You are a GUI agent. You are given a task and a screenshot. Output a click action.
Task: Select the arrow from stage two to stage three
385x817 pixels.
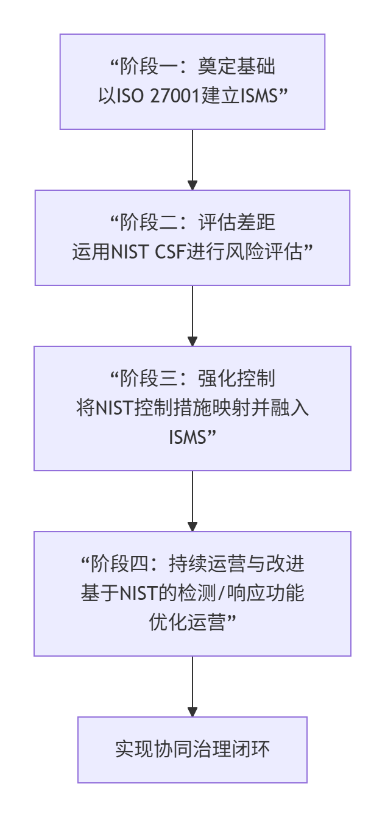192,316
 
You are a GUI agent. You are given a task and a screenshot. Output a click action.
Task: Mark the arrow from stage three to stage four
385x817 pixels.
192,501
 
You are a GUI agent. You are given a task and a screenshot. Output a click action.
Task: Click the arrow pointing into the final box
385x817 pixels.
192,687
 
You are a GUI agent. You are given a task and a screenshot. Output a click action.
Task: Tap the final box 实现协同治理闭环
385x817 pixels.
192,749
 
